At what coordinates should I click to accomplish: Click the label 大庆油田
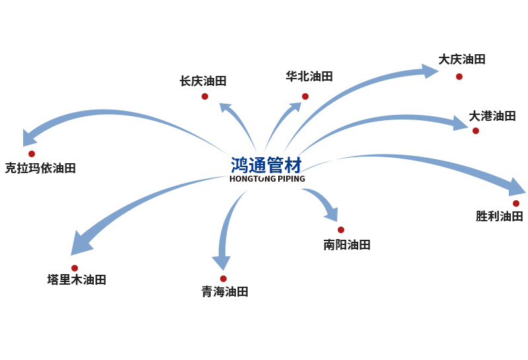click(462, 59)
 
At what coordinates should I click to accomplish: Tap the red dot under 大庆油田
click(459, 77)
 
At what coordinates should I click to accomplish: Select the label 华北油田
click(309, 76)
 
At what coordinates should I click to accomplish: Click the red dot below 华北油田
click(305, 96)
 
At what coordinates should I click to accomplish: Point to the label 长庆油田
click(203, 81)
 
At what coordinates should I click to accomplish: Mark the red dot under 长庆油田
click(205, 96)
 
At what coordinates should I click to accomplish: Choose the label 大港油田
click(492, 116)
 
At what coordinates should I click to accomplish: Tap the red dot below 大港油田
click(476, 131)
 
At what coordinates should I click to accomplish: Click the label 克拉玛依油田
click(40, 168)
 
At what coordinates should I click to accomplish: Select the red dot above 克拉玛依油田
click(32, 154)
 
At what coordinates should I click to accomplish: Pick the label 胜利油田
click(500, 216)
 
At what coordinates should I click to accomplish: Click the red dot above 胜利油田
click(516, 203)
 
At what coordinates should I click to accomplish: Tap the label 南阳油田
click(347, 245)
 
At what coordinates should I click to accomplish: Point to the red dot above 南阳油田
click(341, 230)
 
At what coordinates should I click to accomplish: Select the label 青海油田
click(225, 292)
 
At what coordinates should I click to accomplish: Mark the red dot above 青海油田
click(223, 279)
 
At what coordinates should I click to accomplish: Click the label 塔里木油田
click(77, 280)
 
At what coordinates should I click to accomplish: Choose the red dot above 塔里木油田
click(75, 268)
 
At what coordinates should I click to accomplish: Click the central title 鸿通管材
click(266, 165)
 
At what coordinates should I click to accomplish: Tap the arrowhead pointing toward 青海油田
click(221, 263)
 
